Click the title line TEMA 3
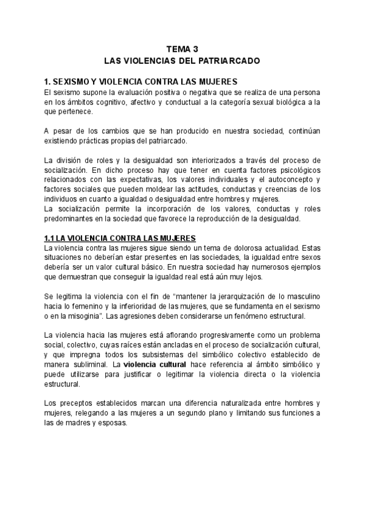182,50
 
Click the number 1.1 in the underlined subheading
51,239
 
